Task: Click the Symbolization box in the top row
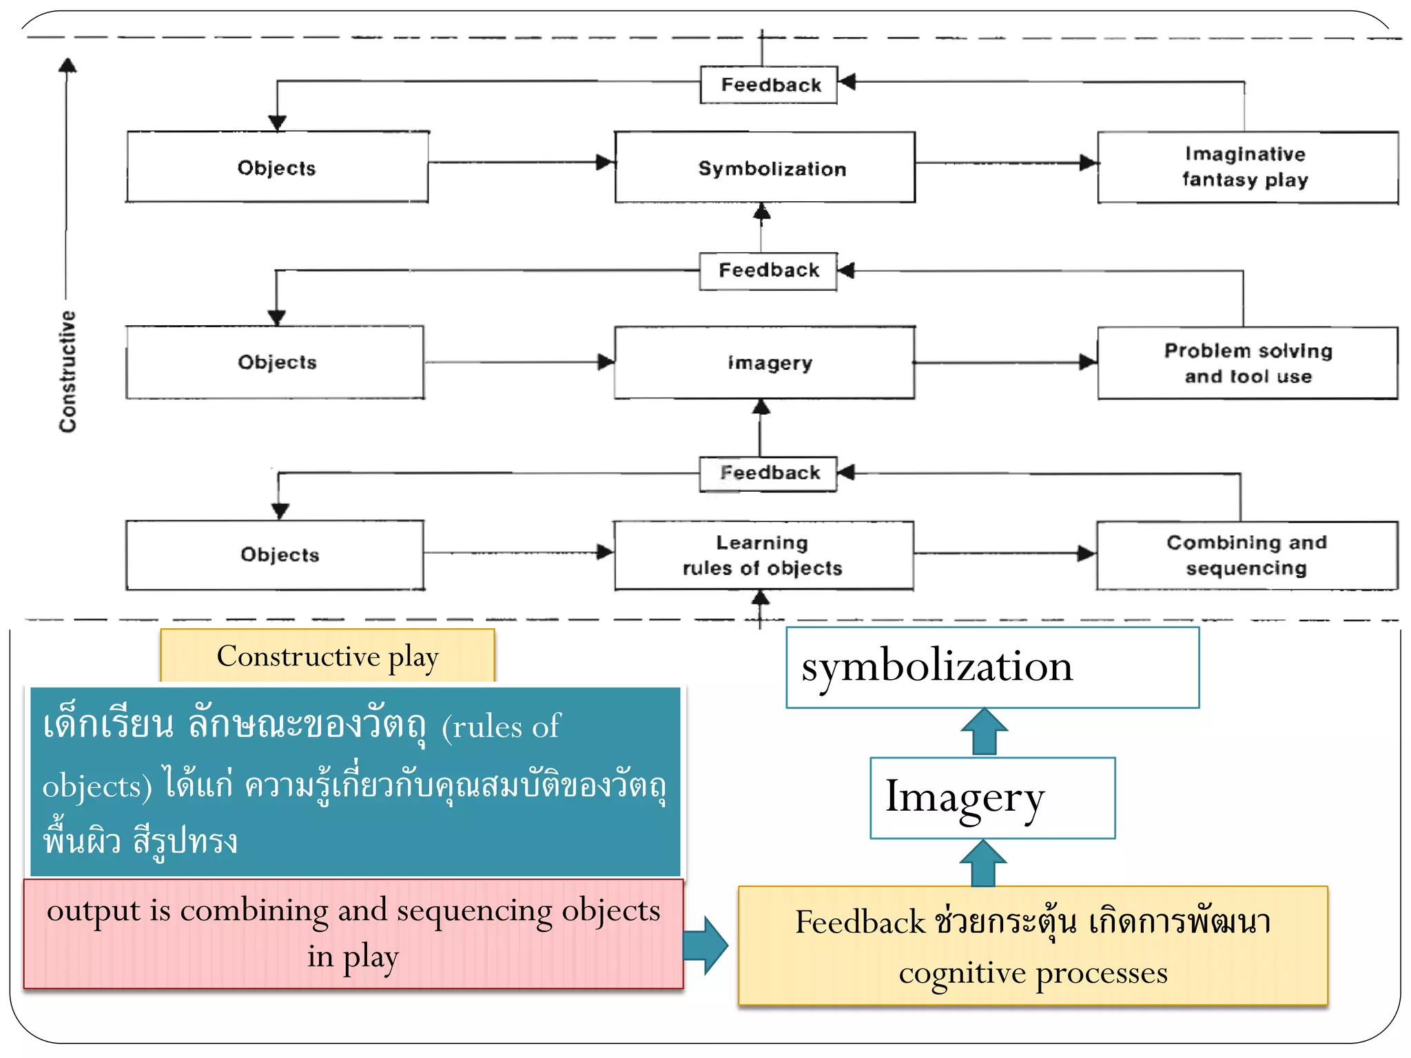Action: [765, 167]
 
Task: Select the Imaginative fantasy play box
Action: [1247, 167]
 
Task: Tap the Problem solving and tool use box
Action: [1247, 363]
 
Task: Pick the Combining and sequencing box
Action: [1247, 555]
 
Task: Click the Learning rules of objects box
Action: [763, 555]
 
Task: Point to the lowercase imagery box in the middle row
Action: [765, 363]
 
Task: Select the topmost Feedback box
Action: [769, 85]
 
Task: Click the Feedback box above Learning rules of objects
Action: [769, 473]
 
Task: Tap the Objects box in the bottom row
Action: [276, 555]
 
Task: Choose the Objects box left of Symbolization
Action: [277, 167]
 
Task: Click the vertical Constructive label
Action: [68, 372]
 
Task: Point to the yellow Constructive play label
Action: [327, 656]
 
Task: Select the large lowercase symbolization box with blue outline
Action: [992, 667]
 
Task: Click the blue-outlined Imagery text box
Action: [992, 798]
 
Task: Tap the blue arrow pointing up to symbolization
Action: [984, 732]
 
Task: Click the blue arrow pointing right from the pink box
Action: [705, 945]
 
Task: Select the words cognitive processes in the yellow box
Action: [1032, 973]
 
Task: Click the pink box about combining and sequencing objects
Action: [353, 933]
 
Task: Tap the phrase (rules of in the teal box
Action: [502, 727]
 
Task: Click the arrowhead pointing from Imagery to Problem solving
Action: [1087, 362]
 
